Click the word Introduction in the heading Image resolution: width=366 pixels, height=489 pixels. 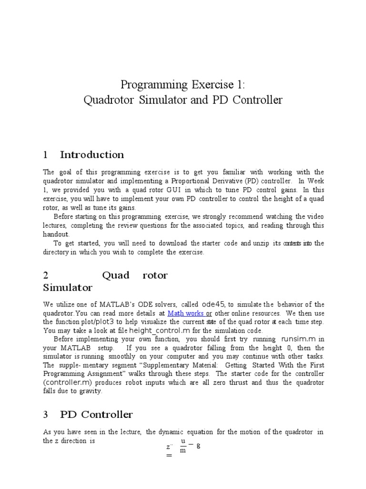click(92, 155)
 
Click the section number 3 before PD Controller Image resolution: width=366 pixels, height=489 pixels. click(46, 415)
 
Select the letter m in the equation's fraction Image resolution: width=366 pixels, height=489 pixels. click(183, 450)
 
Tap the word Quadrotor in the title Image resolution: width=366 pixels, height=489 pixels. click(107, 100)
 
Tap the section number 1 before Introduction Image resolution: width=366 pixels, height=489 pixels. click(46, 155)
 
